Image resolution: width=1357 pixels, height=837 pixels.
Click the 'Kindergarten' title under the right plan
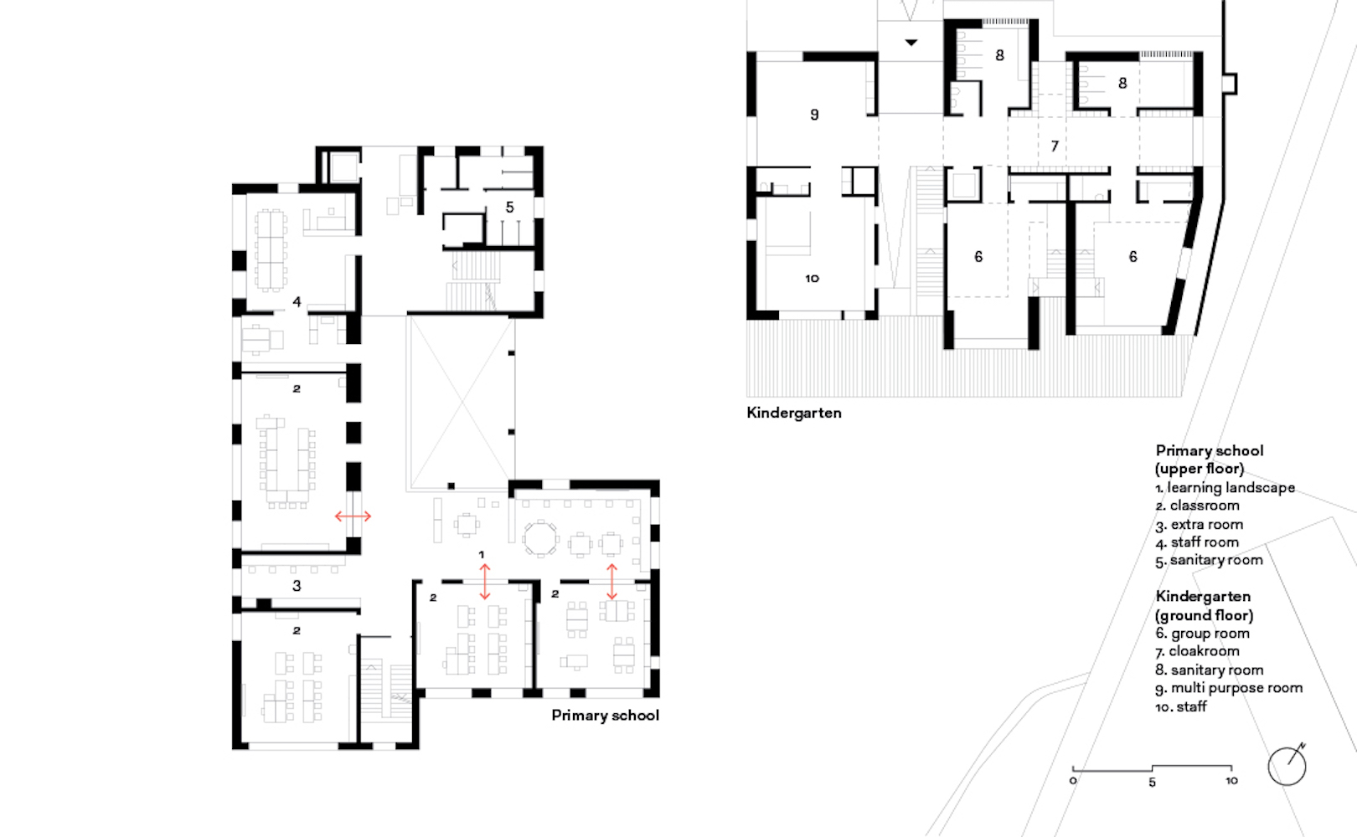[793, 413]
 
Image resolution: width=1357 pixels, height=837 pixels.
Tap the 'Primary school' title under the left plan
[605, 716]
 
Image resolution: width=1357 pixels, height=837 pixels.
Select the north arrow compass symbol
[1287, 765]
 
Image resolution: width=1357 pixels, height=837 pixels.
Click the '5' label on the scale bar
[1152, 783]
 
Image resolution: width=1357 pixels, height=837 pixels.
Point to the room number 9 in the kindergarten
[814, 115]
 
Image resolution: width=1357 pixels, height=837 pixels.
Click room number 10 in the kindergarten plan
[812, 279]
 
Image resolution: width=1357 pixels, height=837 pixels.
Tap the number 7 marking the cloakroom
[1055, 146]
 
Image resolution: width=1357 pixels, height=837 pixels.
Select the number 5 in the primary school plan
[509, 208]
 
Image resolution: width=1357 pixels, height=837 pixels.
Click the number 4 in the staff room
[297, 302]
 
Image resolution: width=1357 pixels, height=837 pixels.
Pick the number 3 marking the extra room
[297, 586]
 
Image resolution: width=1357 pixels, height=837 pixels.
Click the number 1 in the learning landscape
[482, 555]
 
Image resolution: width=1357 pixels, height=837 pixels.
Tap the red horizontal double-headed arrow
[353, 516]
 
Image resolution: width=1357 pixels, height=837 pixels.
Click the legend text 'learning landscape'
[1231, 488]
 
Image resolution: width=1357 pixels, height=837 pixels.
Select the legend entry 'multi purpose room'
[1236, 688]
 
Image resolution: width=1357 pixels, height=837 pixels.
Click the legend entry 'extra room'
[1206, 525]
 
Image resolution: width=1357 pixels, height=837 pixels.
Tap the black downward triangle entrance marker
[911, 42]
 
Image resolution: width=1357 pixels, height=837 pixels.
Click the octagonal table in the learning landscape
[540, 539]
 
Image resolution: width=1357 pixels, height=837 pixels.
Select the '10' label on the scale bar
[1231, 781]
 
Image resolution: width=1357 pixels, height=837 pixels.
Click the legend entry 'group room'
[1210, 634]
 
